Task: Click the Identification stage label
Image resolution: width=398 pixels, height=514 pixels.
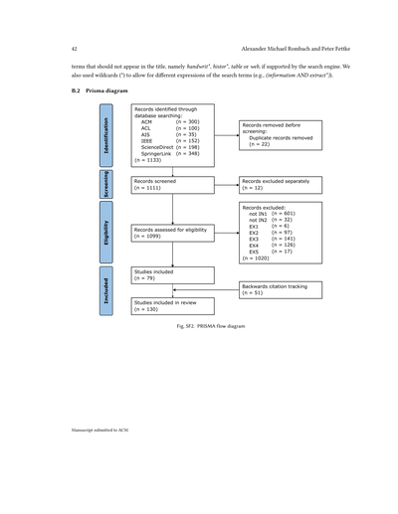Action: point(106,134)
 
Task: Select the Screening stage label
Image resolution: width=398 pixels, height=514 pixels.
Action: point(106,184)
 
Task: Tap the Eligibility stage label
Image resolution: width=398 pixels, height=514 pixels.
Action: point(106,234)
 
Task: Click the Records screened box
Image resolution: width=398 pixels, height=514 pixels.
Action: point(172,184)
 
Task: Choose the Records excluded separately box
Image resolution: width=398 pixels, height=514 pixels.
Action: point(280,184)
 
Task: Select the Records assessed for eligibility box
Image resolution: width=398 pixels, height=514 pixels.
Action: point(172,233)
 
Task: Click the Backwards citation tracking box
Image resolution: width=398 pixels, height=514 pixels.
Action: point(280,289)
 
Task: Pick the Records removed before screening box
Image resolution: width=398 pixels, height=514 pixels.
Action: point(280,134)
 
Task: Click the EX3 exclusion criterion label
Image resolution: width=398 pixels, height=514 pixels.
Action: point(254,239)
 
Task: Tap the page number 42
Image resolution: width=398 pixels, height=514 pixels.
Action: point(75,49)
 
